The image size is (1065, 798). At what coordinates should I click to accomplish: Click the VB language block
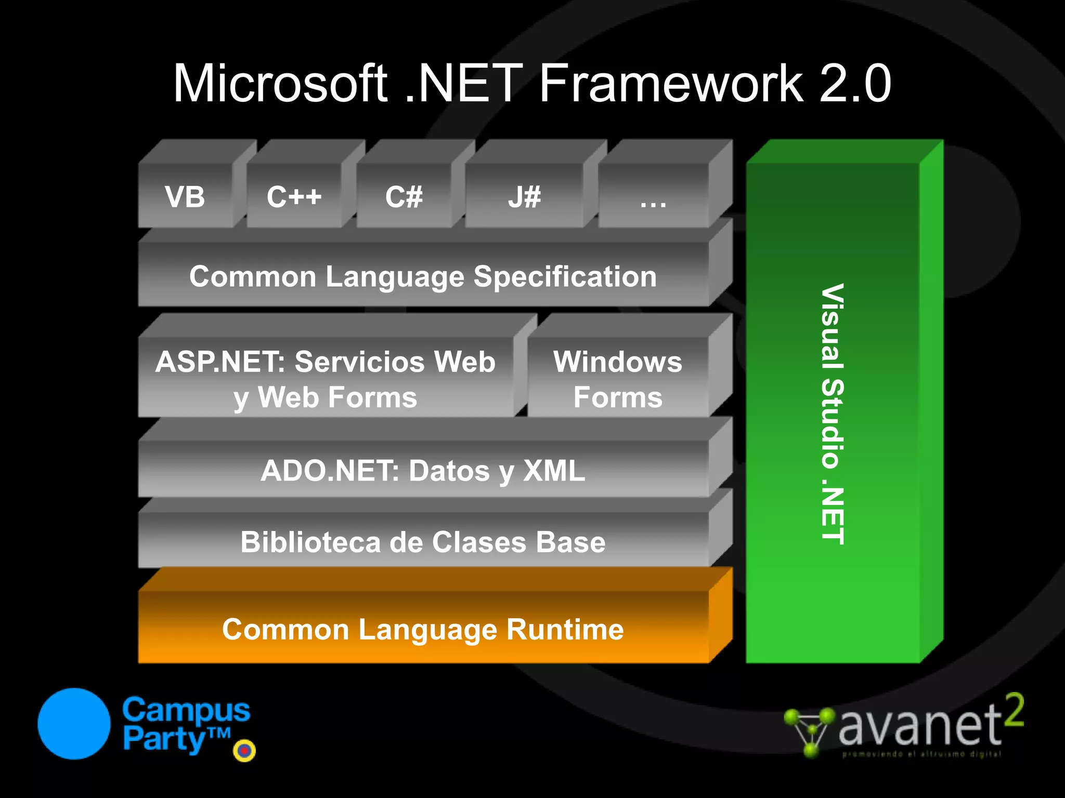185,197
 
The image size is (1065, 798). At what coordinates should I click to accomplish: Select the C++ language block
294,197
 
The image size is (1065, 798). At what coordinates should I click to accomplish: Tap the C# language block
404,197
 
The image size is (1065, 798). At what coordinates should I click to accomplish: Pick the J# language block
524,197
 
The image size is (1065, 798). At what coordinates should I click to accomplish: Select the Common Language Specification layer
423,276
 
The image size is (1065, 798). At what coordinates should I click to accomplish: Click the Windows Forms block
617,379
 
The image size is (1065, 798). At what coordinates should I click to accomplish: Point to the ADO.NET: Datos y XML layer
423,471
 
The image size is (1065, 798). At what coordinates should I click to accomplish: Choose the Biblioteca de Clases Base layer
423,542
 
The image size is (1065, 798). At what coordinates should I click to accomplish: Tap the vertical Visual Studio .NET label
833,414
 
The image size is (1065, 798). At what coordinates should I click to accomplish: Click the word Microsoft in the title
280,84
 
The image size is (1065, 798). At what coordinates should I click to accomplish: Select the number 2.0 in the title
855,84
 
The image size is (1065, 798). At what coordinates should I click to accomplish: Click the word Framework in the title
671,84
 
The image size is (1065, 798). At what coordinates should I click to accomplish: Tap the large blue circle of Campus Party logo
74,724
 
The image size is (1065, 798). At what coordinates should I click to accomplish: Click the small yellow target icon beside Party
244,750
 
